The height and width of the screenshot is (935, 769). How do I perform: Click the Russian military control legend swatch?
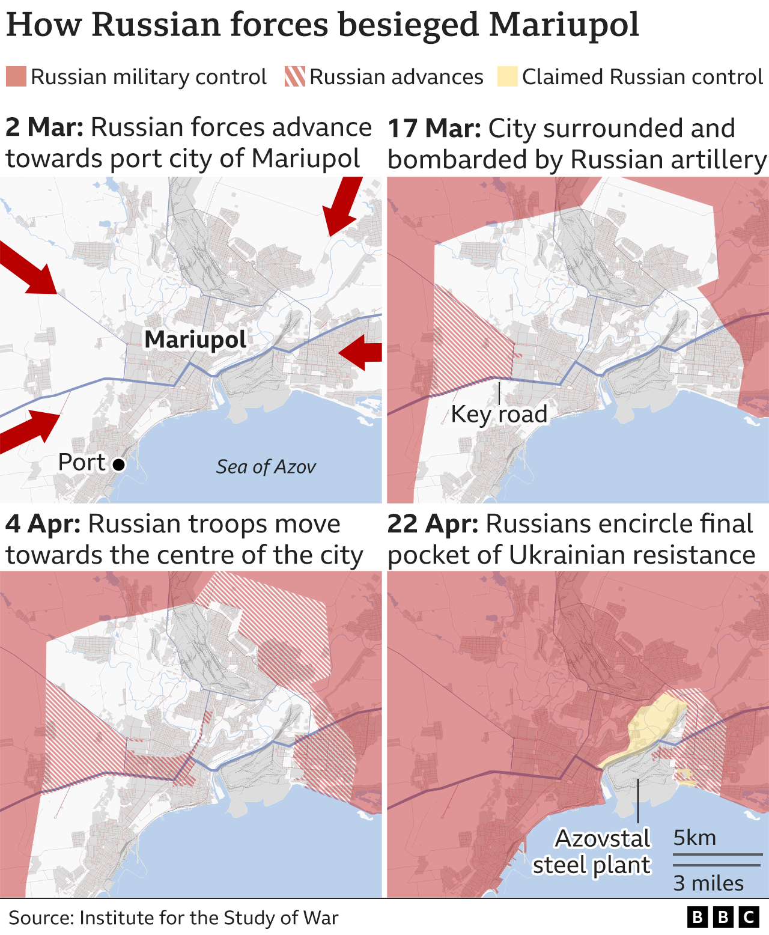click(x=16, y=77)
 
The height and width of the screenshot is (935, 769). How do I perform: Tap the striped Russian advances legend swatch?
click(x=294, y=77)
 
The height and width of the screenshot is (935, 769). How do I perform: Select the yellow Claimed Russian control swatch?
click(x=507, y=77)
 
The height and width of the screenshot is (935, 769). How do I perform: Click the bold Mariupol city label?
click(x=195, y=340)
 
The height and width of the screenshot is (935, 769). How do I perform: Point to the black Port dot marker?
click(x=119, y=464)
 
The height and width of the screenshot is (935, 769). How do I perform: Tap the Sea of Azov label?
click(x=266, y=467)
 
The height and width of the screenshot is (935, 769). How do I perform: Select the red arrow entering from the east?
click(x=360, y=352)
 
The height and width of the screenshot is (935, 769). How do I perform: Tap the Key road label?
click(x=499, y=414)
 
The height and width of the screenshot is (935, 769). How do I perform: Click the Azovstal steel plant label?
click(x=592, y=851)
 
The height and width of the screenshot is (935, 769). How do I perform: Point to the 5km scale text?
click(x=695, y=838)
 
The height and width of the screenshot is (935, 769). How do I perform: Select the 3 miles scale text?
click(x=708, y=883)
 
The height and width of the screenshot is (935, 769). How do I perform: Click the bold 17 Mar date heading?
click(x=434, y=128)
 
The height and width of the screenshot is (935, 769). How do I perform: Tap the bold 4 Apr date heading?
click(x=43, y=524)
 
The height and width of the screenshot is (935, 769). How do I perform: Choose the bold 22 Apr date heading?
click(x=433, y=524)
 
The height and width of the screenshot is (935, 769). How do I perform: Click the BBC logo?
click(x=723, y=917)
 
